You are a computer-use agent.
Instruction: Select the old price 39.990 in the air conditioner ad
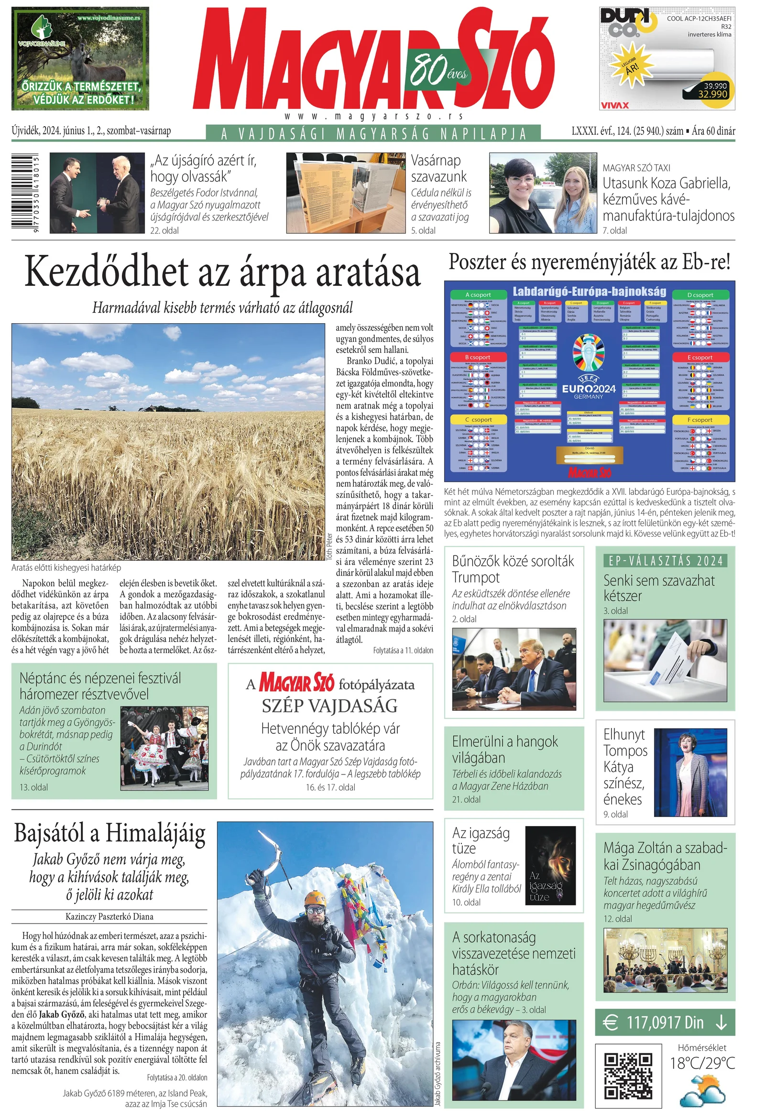coord(715,85)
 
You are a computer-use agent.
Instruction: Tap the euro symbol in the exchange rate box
coord(610,1023)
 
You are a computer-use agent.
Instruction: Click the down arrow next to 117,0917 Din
coord(721,1023)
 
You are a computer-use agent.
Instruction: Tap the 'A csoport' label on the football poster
coord(478,295)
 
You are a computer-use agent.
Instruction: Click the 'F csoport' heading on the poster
coord(701,420)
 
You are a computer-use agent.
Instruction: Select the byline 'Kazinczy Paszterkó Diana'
coord(109,916)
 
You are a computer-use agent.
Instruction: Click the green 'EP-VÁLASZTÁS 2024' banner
coord(665,561)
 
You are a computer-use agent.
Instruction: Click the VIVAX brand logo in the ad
coord(614,105)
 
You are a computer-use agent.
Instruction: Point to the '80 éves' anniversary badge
coord(437,70)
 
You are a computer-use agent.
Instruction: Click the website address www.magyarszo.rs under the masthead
coord(373,116)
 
